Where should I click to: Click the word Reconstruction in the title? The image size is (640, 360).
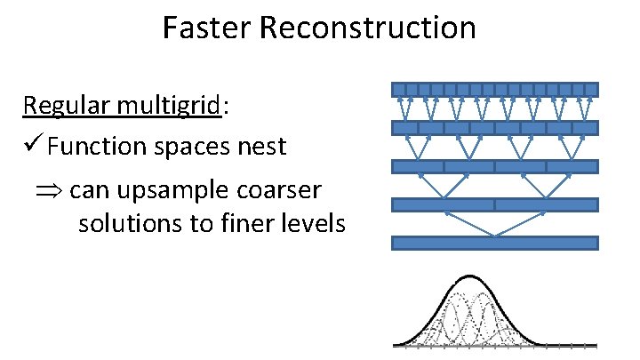(368, 28)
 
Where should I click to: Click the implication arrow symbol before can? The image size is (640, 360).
(52, 189)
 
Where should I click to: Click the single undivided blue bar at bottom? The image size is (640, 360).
(495, 243)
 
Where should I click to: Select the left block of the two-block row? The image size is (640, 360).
(444, 204)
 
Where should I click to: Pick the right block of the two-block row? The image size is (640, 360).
(546, 204)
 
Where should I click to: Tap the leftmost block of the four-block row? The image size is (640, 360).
(418, 166)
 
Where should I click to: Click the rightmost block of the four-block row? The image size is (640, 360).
(572, 166)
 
